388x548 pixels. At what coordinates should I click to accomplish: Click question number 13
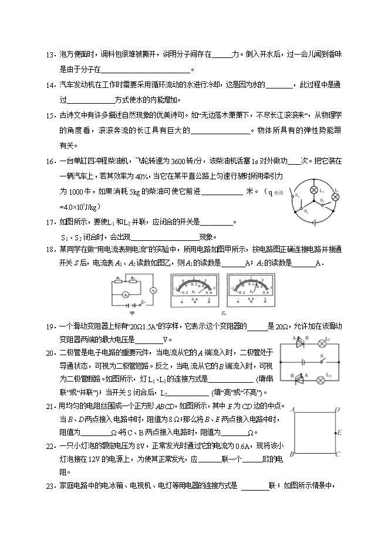click(x=49, y=55)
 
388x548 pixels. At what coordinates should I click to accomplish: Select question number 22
click(x=49, y=446)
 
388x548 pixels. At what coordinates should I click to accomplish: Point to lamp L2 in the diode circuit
click(x=320, y=380)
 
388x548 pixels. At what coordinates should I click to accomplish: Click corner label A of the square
click(x=292, y=410)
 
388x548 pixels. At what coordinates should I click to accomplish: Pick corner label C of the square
click(x=338, y=454)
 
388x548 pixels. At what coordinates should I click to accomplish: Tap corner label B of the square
click(x=292, y=454)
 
